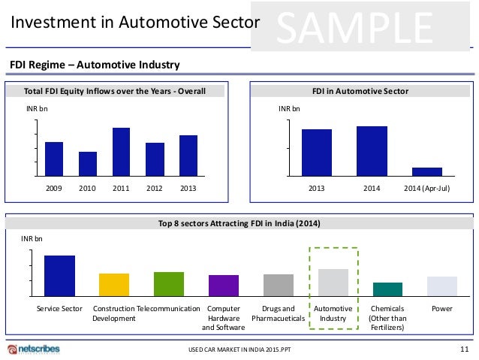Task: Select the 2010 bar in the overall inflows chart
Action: [x=88, y=164]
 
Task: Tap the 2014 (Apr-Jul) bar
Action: [x=426, y=171]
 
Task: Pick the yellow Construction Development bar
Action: [x=114, y=284]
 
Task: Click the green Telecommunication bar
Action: [x=169, y=283]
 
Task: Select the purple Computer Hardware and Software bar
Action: [x=224, y=285]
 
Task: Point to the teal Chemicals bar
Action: [x=387, y=289]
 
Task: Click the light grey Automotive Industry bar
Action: [x=333, y=282]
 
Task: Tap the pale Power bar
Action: [x=442, y=286]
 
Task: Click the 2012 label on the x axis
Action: [x=155, y=188]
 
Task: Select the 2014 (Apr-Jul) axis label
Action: [x=426, y=188]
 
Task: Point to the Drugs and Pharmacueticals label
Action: [x=278, y=313]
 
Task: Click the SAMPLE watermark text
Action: [x=356, y=28]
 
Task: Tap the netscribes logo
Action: [x=33, y=349]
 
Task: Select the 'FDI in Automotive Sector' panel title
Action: [x=360, y=92]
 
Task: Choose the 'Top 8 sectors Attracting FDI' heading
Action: [x=239, y=222]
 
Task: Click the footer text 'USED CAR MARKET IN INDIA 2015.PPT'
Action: [x=239, y=350]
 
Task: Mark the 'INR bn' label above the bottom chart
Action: [x=32, y=238]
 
